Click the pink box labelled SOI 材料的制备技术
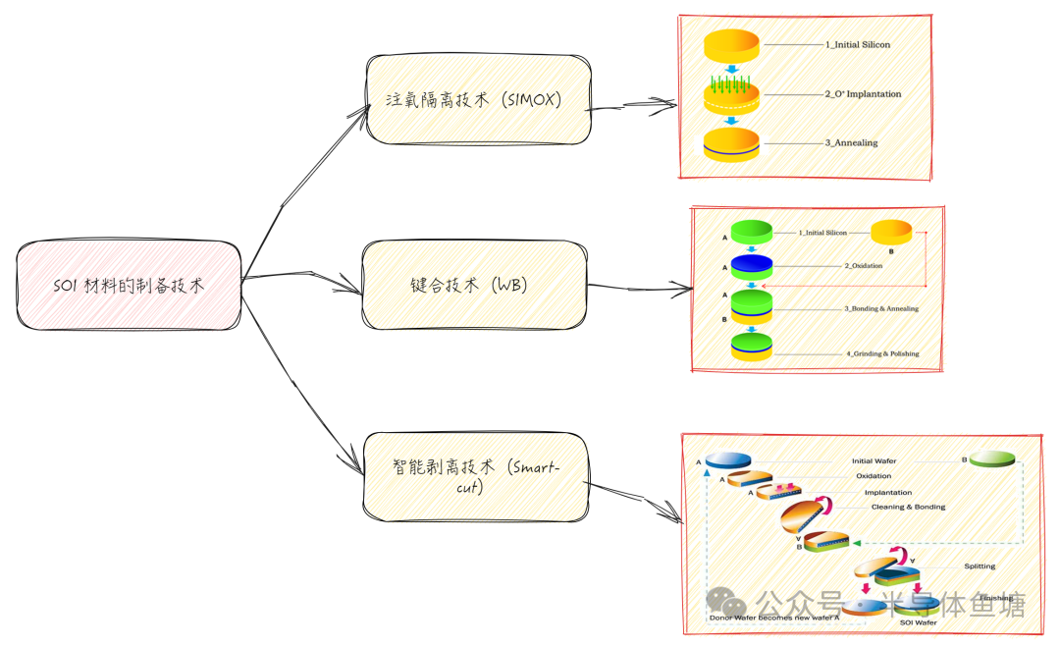pos(129,285)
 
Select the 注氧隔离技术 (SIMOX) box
pos(478,98)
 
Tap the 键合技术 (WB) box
pos(474,285)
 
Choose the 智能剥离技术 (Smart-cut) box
pos(476,477)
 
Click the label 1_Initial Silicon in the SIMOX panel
pos(857,45)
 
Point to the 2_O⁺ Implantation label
pos(863,94)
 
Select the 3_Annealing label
pos(851,143)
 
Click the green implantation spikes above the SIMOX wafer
pos(731,81)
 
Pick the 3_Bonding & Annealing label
pos(881,309)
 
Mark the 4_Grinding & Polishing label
pos(881,353)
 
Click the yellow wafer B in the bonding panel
pos(892,233)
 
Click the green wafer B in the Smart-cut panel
pos(992,459)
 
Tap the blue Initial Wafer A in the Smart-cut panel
pos(727,459)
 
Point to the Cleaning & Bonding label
pos(908,507)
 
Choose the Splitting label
pos(979,566)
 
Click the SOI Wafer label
pos(918,622)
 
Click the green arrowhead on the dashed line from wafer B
pos(856,542)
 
